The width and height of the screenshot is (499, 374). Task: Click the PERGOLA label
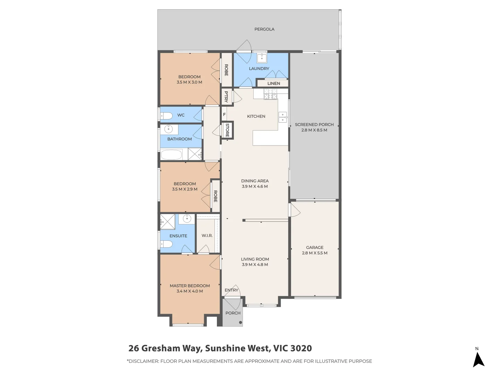264,29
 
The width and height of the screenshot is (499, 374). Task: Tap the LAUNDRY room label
259,69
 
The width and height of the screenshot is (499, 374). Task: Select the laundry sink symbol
262,57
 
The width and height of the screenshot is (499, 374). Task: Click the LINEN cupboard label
273,83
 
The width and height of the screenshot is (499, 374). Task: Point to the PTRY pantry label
226,97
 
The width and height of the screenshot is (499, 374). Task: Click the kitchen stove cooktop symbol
270,94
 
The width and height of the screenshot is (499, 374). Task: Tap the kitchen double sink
283,117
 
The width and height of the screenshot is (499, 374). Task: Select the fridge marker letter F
224,115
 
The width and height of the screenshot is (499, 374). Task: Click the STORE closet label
227,130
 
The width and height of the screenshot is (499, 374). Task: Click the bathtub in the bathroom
172,154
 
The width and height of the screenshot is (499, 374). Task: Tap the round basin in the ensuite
187,219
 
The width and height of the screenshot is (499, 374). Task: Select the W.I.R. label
207,235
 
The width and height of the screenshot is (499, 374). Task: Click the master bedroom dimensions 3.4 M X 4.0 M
190,291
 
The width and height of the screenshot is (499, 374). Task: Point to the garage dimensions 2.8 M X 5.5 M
314,253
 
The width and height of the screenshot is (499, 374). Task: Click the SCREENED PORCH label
314,125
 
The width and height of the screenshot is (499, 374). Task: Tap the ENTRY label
231,290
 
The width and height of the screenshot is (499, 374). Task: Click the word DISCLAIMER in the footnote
143,361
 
